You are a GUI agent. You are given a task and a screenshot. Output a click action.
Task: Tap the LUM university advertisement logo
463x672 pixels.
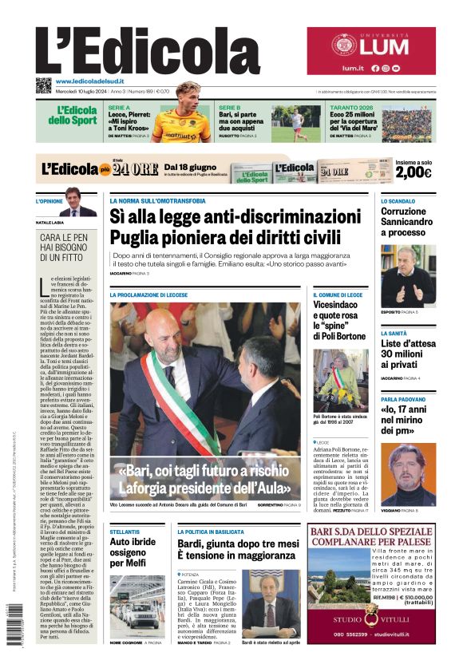(370, 45)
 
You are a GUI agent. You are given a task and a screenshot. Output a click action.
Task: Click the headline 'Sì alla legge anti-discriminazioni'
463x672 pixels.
(224, 216)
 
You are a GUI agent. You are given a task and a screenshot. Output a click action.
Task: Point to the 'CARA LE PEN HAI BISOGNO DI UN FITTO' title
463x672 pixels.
(66, 247)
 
